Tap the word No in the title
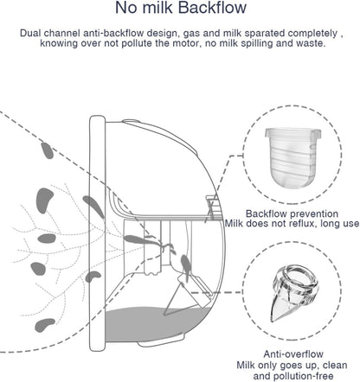click(x=125, y=10)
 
